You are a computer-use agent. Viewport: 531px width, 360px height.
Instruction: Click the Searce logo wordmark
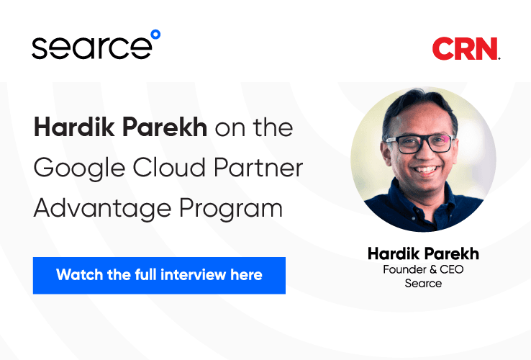[92, 48]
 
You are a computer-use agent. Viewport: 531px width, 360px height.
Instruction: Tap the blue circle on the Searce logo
[155, 34]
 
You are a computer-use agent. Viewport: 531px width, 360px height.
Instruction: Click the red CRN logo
[466, 49]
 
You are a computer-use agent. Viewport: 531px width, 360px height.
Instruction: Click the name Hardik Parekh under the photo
[423, 254]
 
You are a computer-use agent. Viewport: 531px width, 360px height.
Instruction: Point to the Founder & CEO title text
[423, 270]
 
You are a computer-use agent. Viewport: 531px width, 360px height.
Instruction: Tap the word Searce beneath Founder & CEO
[423, 283]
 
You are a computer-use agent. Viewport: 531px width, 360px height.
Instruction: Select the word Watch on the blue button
[76, 275]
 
